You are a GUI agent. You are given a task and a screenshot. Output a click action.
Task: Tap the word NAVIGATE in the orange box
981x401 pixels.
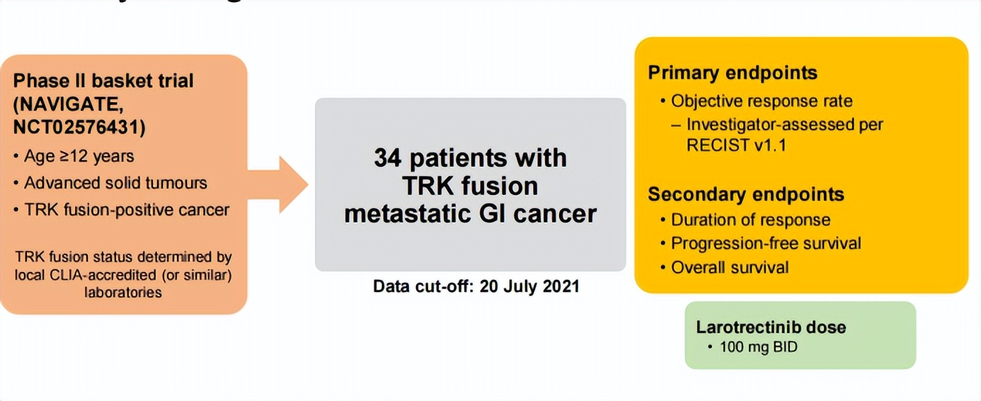pyautogui.click(x=69, y=104)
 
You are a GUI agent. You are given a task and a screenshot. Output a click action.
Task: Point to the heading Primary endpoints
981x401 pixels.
pyautogui.click(x=733, y=72)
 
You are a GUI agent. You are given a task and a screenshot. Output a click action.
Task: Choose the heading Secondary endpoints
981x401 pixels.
pyautogui.click(x=746, y=194)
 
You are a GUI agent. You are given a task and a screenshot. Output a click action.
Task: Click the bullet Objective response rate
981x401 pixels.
pyautogui.click(x=762, y=101)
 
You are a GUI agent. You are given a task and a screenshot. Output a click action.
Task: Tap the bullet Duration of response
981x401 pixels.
pyautogui.click(x=750, y=220)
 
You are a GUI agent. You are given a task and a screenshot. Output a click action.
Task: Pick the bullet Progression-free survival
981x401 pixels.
pyautogui.click(x=766, y=243)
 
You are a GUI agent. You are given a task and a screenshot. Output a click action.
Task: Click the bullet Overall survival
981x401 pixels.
pyautogui.click(x=730, y=267)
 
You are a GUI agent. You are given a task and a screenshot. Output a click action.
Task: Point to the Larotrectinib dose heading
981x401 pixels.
pyautogui.click(x=771, y=327)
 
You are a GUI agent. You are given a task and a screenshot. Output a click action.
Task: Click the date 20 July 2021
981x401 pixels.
pyautogui.click(x=529, y=287)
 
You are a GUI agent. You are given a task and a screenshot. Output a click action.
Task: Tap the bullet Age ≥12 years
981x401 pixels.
pyautogui.click(x=78, y=155)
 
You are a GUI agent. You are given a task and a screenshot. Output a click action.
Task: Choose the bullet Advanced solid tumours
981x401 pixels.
pyautogui.click(x=115, y=183)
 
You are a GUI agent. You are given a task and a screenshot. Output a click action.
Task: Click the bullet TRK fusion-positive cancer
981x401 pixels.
pyautogui.click(x=127, y=210)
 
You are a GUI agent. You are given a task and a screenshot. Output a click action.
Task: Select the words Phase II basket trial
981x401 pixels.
pyautogui.click(x=103, y=81)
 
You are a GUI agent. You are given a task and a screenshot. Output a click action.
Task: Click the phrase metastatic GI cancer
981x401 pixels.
pyautogui.click(x=470, y=214)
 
